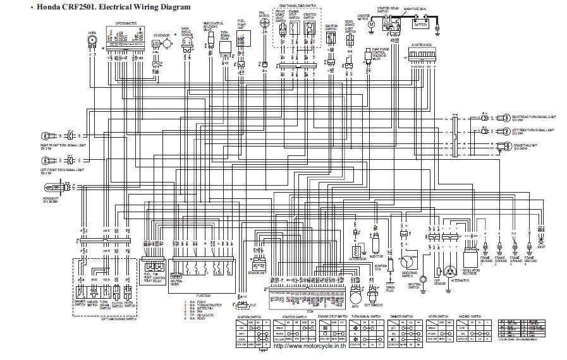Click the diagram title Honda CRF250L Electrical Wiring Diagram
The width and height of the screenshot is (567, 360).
101,7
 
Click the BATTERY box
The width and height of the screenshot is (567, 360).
420,25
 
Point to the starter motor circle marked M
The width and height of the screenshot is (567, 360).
371,24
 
